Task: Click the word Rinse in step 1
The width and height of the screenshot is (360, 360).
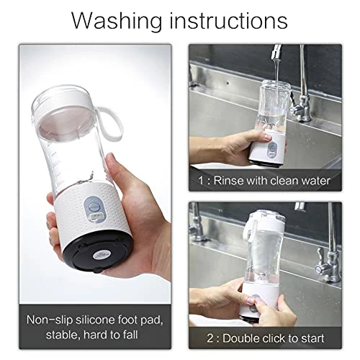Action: (x=234, y=179)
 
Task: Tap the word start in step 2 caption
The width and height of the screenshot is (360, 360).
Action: (x=310, y=338)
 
